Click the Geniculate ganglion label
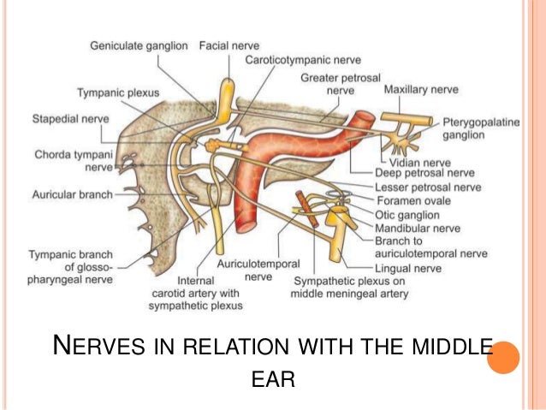point(141,45)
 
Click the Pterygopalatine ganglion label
point(479,128)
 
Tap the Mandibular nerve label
point(418,229)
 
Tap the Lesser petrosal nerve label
point(428,187)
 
